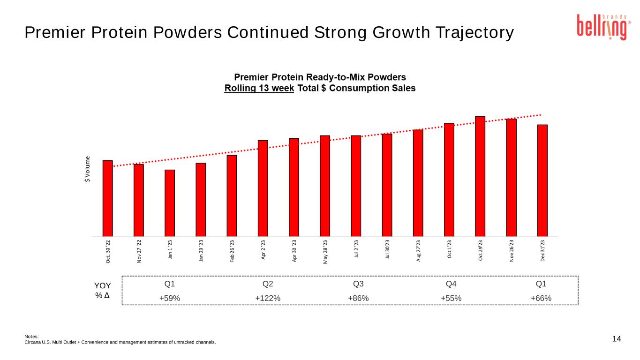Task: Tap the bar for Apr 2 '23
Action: coord(263,188)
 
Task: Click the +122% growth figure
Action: coord(268,298)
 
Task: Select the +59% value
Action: coord(170,298)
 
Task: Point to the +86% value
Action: coord(358,298)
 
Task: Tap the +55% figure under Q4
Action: coord(451,298)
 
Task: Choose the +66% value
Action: coord(541,298)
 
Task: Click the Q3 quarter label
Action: coord(358,284)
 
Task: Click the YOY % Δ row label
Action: coord(103,290)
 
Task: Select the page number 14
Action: coord(617,339)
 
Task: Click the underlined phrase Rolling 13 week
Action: coord(259,88)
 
